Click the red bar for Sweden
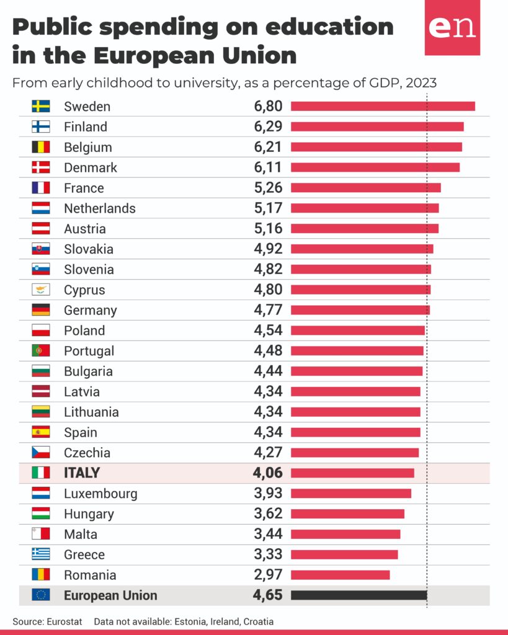pos(383,107)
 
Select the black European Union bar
pos(359,595)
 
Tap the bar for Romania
pos(341,575)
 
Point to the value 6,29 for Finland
pos(268,127)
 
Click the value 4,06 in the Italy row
pos(268,473)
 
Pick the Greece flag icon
pos(41,554)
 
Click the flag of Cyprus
pos(41,290)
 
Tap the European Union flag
pos(41,595)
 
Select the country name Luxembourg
pos(100,494)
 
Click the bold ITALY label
pos(82,473)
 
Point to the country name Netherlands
pos(100,208)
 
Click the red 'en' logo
pos(453,27)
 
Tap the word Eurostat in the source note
pos(64,621)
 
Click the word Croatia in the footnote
pos(258,621)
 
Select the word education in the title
pos(330,27)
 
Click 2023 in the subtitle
pos(421,82)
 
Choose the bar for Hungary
pos(347,514)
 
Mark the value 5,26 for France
pos(268,187)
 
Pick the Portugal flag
pos(41,350)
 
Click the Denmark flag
pos(41,167)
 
